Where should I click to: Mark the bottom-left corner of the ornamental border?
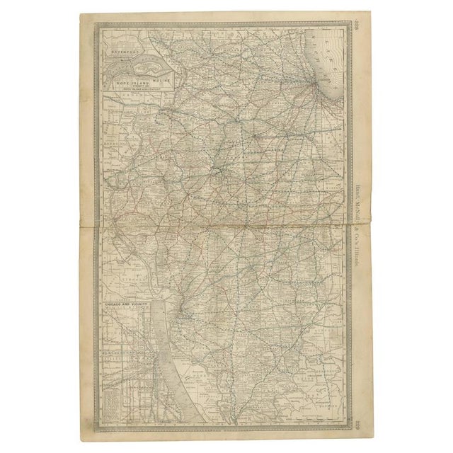(98, 430)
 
